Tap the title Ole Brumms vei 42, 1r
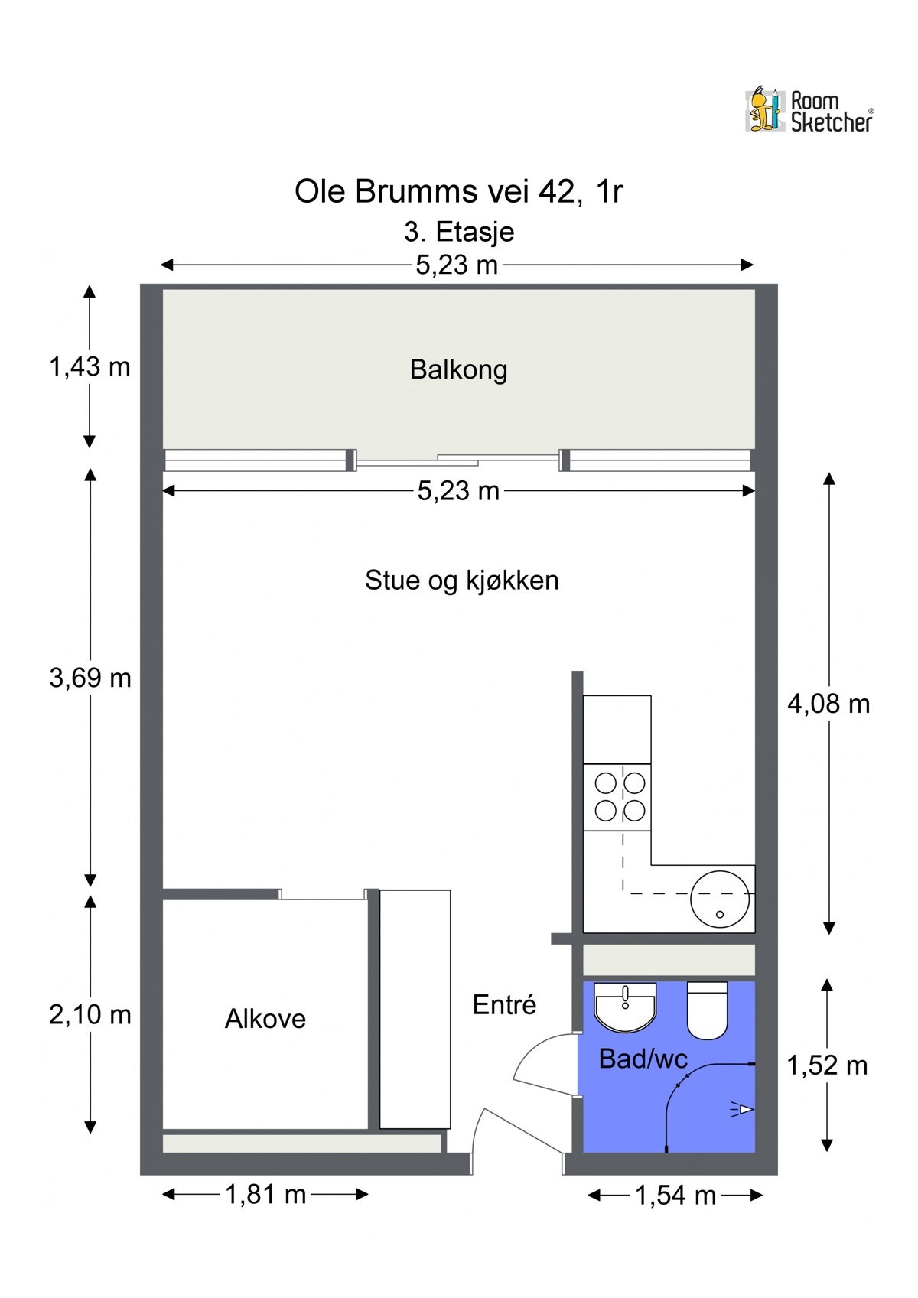tap(458, 191)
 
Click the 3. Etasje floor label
tap(458, 232)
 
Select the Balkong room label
tap(458, 369)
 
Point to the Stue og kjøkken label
tap(461, 580)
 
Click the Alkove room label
tap(265, 1018)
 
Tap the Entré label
tap(504, 1004)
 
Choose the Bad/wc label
tap(643, 1059)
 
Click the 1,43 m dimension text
tap(90, 367)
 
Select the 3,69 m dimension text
tap(90, 678)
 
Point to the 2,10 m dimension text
tap(90, 1015)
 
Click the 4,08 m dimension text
tap(828, 704)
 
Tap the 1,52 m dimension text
tap(827, 1065)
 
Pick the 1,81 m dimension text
tap(265, 1194)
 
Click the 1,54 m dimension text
tap(675, 1196)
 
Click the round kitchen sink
tap(719, 898)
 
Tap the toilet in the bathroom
tap(708, 1010)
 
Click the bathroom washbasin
tap(625, 1006)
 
